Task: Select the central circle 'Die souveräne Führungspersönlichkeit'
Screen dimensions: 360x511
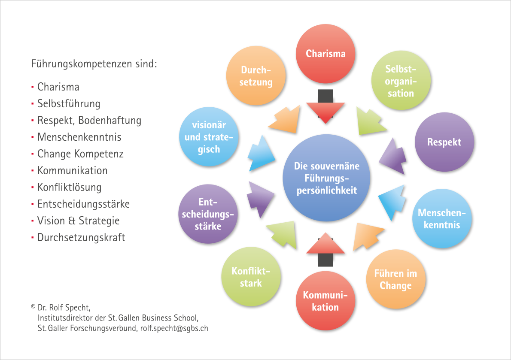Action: (326, 178)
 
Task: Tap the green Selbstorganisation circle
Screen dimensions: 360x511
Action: (401, 81)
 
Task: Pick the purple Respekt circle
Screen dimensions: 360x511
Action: (444, 142)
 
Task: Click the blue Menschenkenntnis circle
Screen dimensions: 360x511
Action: (442, 218)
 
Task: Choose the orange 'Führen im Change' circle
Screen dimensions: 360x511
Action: (395, 279)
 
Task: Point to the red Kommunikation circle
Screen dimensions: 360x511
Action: (325, 301)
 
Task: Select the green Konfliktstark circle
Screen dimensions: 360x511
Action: (251, 277)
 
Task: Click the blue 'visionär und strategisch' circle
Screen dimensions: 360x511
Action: (209, 137)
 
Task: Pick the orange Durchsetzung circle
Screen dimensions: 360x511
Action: (256, 76)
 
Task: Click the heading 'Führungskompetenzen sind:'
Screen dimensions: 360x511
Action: (94, 64)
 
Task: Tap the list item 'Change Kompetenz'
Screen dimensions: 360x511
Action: (80, 154)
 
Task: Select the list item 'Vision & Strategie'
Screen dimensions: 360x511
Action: (78, 221)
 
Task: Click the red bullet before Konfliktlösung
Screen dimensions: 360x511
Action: (33, 188)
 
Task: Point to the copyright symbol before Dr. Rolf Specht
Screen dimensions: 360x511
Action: (33, 307)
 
